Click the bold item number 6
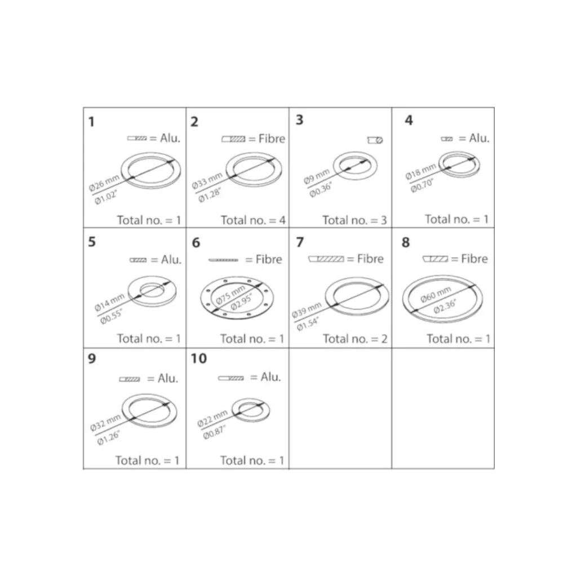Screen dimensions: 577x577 coord(196,243)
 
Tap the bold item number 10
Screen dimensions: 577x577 coord(199,358)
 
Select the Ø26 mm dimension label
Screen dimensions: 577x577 coord(104,183)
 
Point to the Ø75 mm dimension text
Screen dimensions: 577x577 coord(230,295)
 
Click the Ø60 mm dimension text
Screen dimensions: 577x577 coord(436,294)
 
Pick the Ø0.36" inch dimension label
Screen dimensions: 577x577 coord(321,189)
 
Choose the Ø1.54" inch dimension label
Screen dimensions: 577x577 coord(308,323)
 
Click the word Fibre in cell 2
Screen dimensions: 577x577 coord(272,139)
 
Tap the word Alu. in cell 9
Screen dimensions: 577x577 coord(168,378)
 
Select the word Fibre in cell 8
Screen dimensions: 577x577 coord(474,259)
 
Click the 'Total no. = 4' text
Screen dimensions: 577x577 coord(253,220)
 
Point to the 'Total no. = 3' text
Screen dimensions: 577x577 coord(355,220)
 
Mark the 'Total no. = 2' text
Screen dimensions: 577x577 coord(355,339)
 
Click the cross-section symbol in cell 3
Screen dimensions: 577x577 coord(375,140)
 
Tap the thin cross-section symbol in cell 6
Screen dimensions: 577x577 coord(223,260)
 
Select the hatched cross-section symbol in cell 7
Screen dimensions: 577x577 coord(326,259)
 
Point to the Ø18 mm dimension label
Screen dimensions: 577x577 coord(420,171)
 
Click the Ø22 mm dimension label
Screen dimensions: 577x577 coord(212,419)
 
